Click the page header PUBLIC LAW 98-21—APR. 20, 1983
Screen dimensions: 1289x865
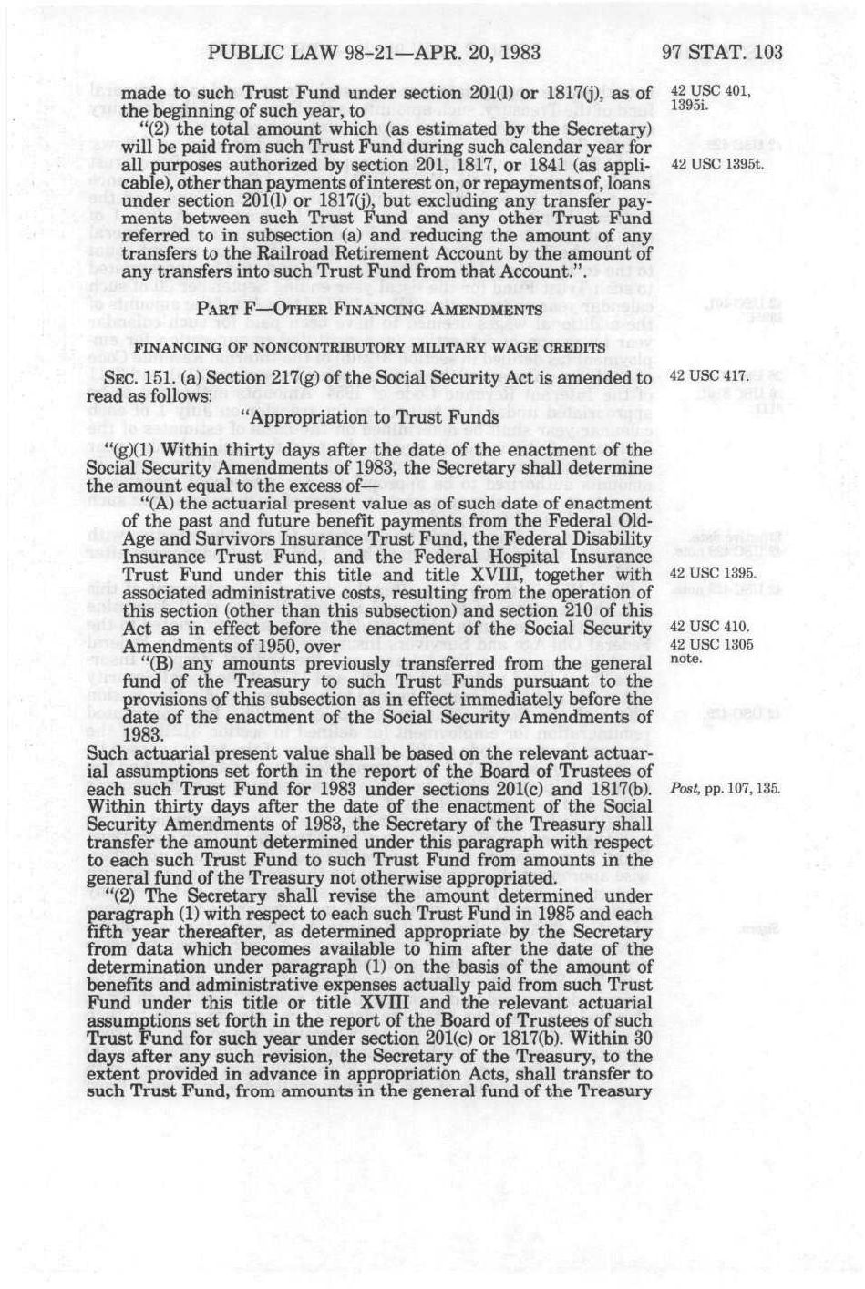click(x=375, y=51)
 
